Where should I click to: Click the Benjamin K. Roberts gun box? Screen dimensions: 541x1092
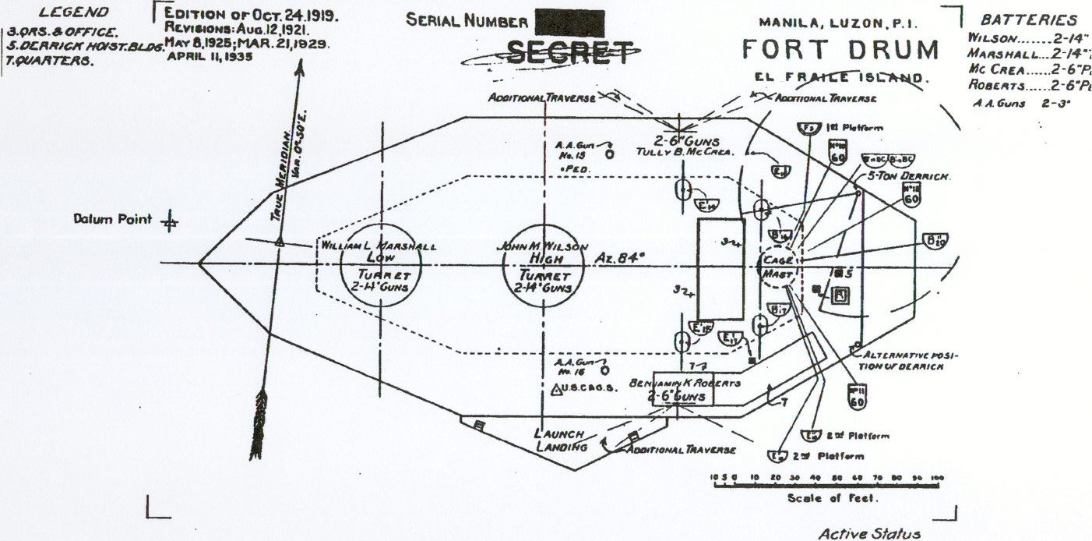(683, 388)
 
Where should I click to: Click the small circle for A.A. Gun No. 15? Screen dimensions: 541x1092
(609, 154)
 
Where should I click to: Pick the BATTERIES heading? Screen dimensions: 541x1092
(1028, 20)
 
